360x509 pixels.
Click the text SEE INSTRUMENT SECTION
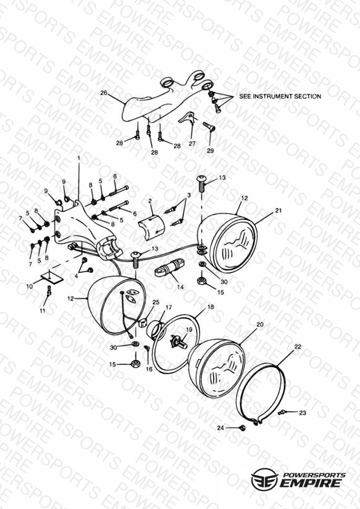click(x=280, y=96)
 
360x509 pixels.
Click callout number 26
click(x=104, y=93)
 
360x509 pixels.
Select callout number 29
click(x=211, y=151)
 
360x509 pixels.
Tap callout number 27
click(x=192, y=143)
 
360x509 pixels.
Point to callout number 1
click(x=78, y=158)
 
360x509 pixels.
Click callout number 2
click(x=150, y=201)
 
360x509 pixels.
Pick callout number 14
click(x=180, y=287)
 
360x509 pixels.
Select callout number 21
click(x=278, y=211)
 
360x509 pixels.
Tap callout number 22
click(x=298, y=347)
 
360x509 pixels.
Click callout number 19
click(x=189, y=330)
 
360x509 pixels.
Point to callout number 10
click(x=30, y=287)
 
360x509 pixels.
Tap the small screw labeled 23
click(x=282, y=413)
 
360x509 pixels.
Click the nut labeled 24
click(x=241, y=428)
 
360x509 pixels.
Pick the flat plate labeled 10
click(x=52, y=277)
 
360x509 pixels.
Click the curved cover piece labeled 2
click(x=151, y=228)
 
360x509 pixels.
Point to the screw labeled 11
click(x=49, y=290)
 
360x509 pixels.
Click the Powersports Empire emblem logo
click(x=264, y=479)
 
